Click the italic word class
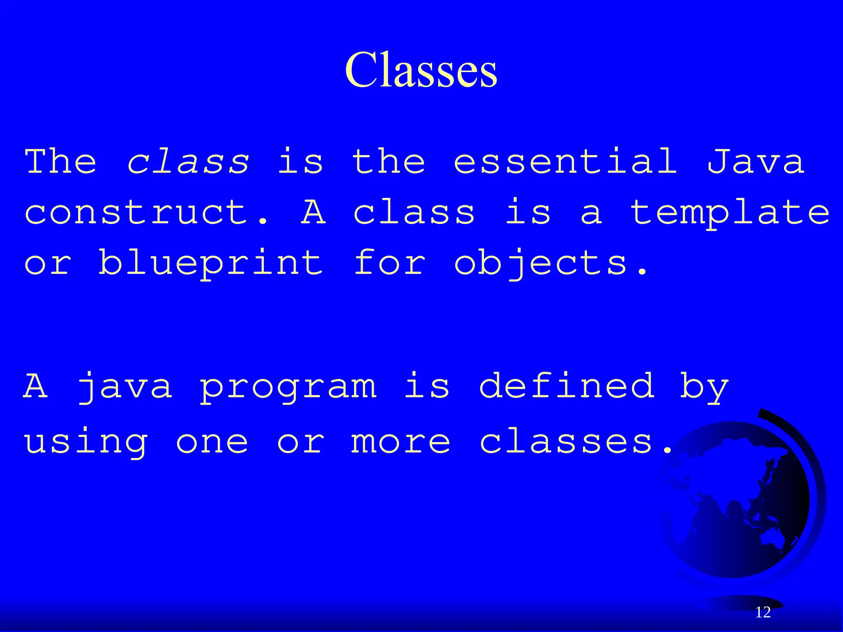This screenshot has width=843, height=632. coord(188,161)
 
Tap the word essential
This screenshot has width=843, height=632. coord(566,161)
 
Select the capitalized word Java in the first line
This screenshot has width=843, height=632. coord(756,161)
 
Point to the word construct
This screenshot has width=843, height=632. coord(146,212)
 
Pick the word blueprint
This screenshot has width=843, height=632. coord(210,263)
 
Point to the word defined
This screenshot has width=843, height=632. coord(567,386)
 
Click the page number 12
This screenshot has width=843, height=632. coord(763,612)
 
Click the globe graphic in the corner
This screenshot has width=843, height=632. coord(737,502)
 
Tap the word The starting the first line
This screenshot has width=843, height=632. coord(61,161)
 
